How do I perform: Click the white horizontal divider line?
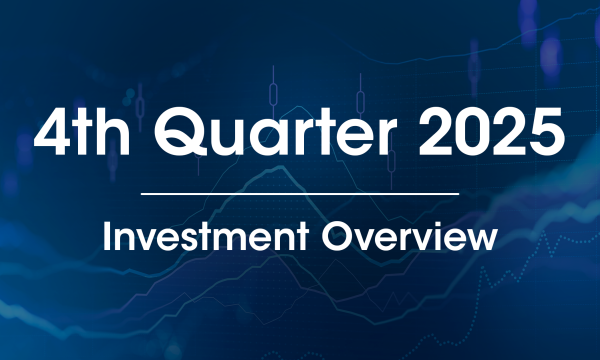coord(300,192)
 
